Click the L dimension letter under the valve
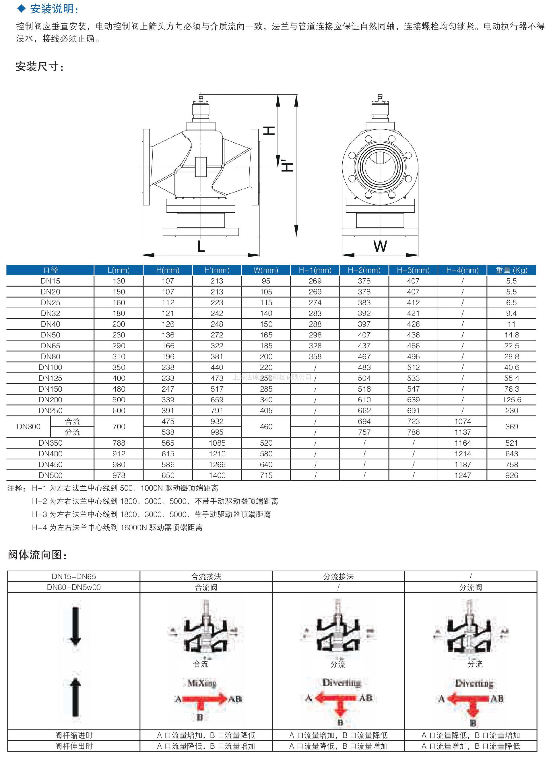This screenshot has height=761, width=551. click(x=201, y=246)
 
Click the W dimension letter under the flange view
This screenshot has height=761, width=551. click(x=380, y=246)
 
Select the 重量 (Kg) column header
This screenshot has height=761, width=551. click(x=511, y=270)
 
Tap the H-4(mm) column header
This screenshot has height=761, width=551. click(x=462, y=270)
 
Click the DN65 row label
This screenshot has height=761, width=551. click(x=50, y=345)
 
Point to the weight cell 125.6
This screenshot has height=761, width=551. click(x=511, y=400)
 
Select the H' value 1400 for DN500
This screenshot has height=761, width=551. click(x=217, y=475)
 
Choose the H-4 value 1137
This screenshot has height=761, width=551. click(x=462, y=432)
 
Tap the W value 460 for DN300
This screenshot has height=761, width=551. click(x=266, y=426)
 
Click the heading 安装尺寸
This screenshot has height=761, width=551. click(x=39, y=67)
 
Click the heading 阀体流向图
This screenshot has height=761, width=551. click(x=37, y=555)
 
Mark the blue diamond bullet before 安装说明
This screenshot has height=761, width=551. click(x=22, y=9)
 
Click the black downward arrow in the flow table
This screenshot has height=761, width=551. click(x=75, y=626)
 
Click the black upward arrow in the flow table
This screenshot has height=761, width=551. click(x=75, y=696)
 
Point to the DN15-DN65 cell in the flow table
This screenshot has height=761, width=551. click(x=74, y=576)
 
